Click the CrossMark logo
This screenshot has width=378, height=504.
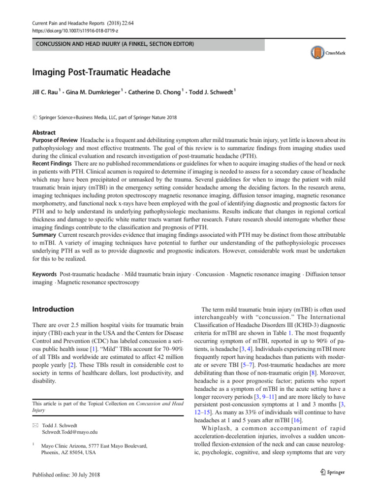tap(334, 52)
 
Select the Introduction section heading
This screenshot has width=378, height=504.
tap(53, 310)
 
